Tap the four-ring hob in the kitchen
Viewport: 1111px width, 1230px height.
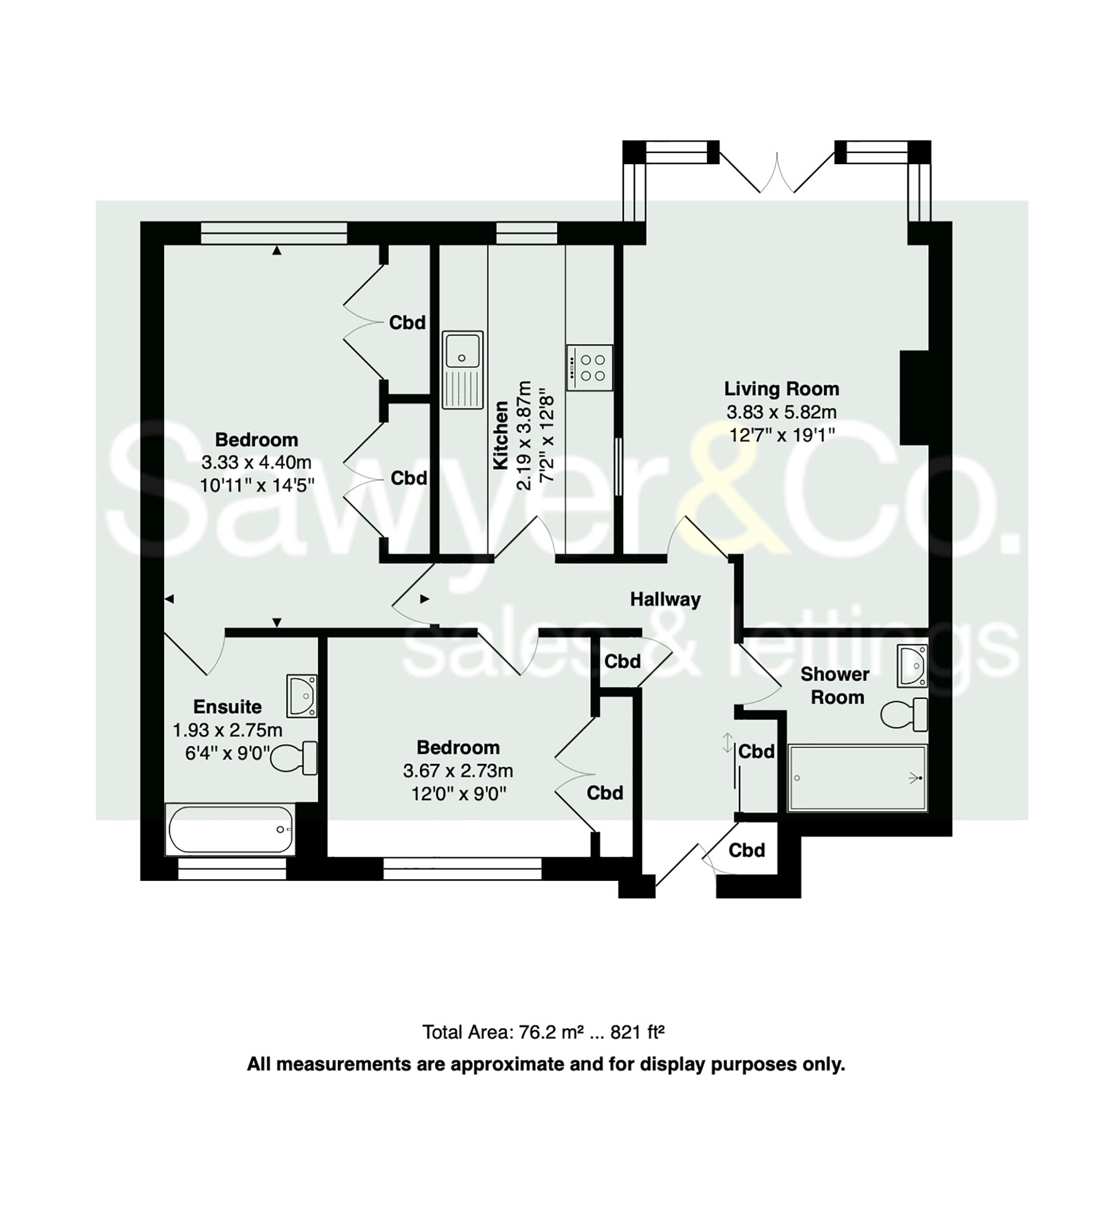pos(590,367)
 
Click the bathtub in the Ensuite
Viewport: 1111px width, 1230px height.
pos(230,830)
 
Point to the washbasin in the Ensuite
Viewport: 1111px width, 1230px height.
pos(302,695)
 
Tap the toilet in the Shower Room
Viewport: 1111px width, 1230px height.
pos(904,715)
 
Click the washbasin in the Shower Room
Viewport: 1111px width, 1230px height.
pos(913,666)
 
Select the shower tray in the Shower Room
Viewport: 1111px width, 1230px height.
pos(858,778)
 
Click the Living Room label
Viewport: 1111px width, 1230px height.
pos(781,389)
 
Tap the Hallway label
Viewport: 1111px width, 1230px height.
pos(666,599)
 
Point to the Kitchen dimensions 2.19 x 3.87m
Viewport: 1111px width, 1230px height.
pos(524,436)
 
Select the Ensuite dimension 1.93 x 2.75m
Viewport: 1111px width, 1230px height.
pos(228,729)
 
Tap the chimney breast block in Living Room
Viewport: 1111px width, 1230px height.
pos(915,398)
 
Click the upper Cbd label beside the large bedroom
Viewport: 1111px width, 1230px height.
pos(407,322)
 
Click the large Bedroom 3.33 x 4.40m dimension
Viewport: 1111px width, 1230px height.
pos(256,462)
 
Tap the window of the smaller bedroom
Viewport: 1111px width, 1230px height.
pos(462,869)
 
